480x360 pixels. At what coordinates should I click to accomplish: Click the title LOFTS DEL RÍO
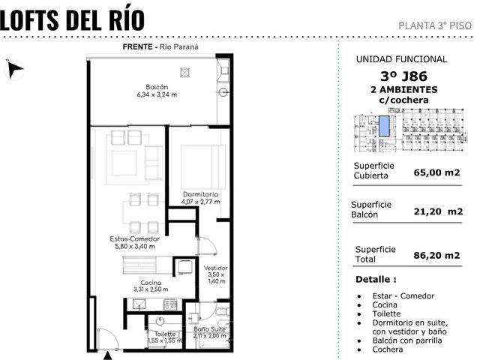(72, 19)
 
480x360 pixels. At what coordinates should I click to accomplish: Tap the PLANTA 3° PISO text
(435, 25)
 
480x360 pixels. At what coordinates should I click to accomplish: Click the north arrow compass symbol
(14, 69)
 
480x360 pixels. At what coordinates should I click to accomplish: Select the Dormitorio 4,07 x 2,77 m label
(200, 198)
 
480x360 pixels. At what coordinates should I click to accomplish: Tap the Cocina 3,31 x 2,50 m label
(151, 286)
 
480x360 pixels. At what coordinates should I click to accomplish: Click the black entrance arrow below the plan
(107, 355)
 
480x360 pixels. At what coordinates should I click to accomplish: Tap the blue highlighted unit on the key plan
(384, 126)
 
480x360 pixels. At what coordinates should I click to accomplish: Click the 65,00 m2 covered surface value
(436, 172)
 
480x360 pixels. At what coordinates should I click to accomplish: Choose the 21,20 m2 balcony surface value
(438, 211)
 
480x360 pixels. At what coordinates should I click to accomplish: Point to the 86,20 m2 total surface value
(436, 255)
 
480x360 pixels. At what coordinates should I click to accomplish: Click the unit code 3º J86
(403, 76)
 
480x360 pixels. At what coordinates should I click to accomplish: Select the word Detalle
(376, 279)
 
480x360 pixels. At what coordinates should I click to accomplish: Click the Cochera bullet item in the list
(388, 349)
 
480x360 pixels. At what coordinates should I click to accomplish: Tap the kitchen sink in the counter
(139, 304)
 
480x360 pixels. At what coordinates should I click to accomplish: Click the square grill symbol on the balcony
(184, 73)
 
